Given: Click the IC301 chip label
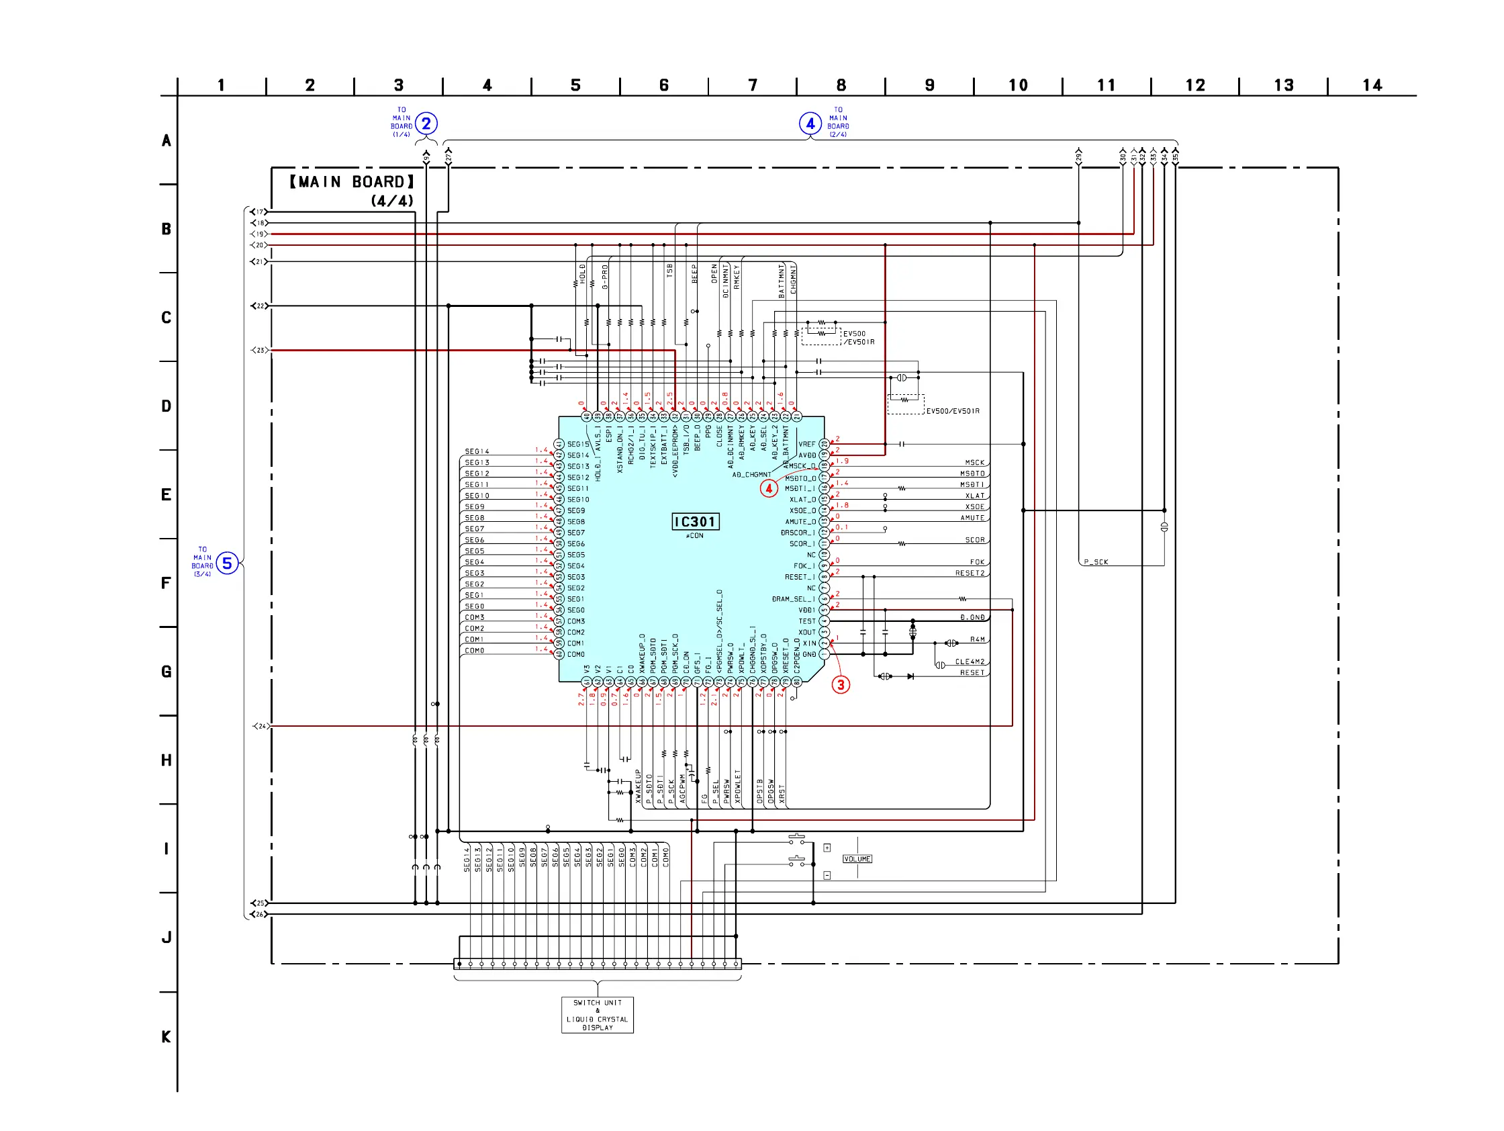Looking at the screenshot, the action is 695,522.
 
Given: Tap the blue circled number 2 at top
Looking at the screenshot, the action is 426,124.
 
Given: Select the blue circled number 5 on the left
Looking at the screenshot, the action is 227,563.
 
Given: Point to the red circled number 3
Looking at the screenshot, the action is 841,685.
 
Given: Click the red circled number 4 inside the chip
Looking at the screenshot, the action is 769,488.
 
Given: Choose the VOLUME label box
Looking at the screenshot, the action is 857,859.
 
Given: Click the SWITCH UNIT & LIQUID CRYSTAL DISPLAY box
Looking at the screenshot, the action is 597,1015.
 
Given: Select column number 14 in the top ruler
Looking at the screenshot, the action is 1372,86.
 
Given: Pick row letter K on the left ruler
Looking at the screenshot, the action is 166,1036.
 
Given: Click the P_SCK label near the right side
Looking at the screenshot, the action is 1095,561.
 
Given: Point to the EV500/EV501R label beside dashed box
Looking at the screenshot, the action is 953,411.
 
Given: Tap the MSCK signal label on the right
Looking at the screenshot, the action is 974,463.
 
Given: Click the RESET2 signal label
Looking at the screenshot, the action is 970,573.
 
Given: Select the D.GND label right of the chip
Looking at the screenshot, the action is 972,617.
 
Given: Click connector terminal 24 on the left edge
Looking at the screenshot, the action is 261,726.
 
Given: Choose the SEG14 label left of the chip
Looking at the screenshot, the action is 477,451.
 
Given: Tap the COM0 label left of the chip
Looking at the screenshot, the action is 475,651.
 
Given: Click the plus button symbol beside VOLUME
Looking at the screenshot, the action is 827,848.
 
